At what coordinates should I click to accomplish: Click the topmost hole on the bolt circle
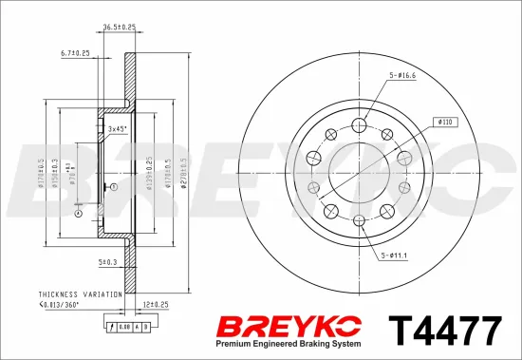pos(360,125)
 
